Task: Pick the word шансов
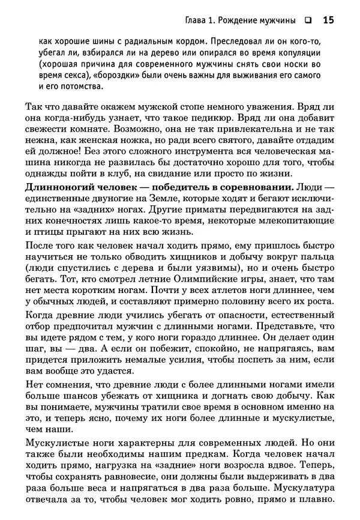point(92,396)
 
